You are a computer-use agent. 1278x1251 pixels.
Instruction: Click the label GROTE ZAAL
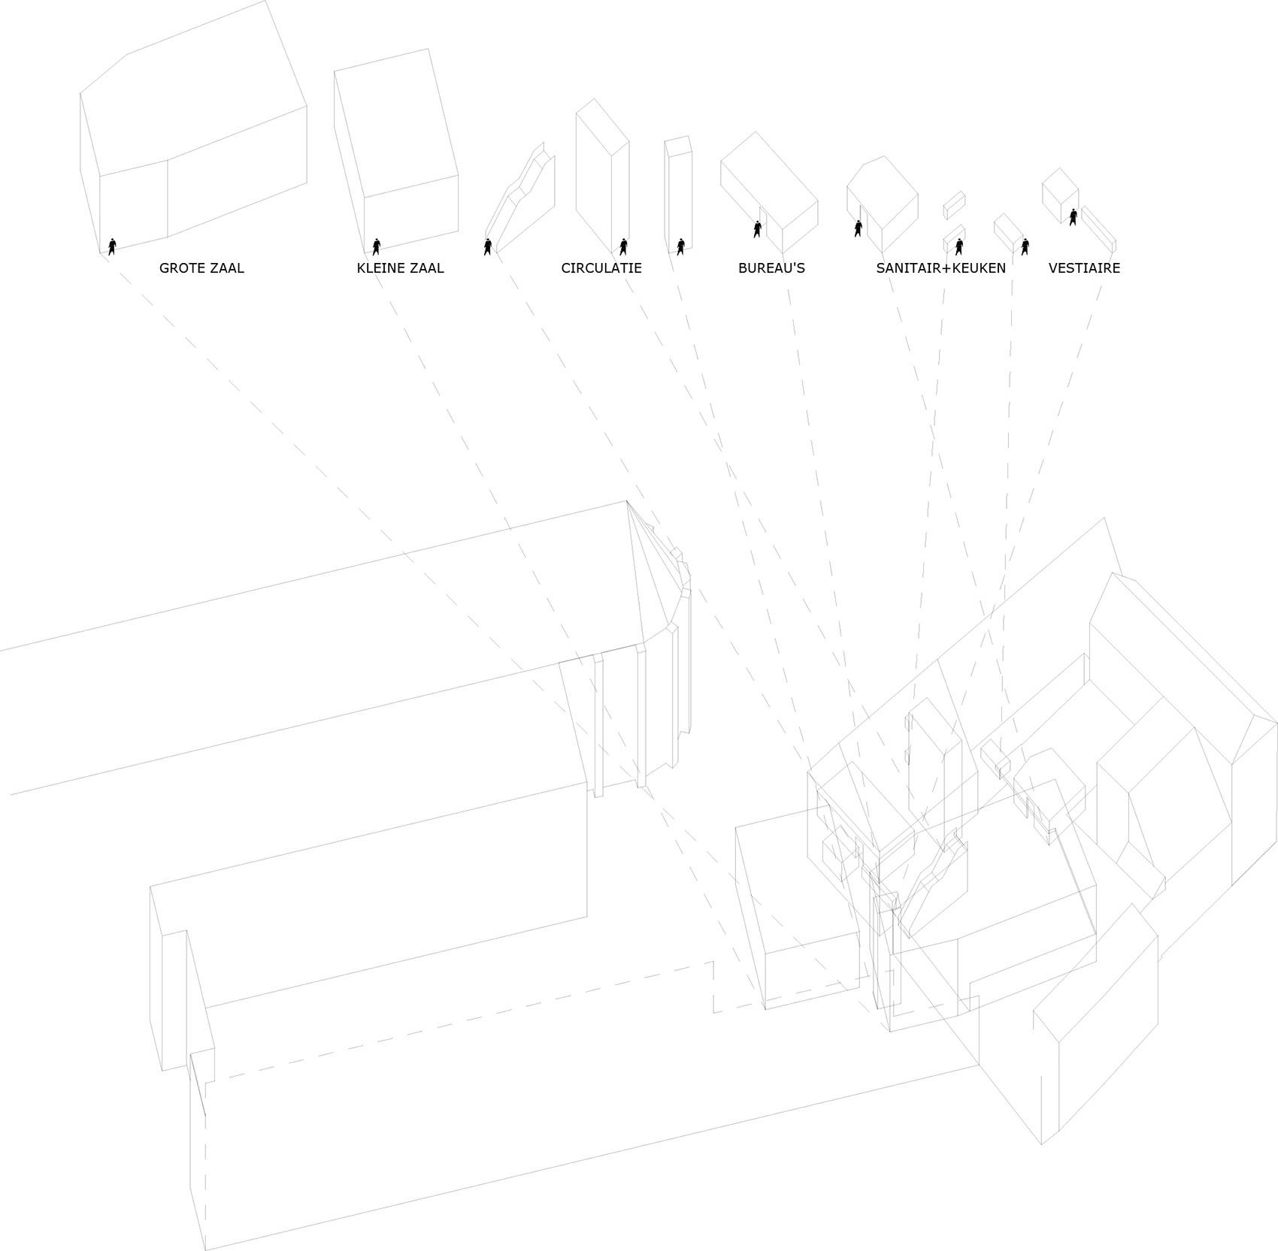point(201,268)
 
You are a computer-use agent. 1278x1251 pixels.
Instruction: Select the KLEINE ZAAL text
point(400,268)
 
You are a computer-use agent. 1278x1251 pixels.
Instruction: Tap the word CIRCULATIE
point(601,268)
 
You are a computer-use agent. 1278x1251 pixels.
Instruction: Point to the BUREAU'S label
point(771,268)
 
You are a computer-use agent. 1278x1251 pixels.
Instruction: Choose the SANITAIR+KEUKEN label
point(940,268)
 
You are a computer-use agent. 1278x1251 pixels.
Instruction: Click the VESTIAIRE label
point(1084,268)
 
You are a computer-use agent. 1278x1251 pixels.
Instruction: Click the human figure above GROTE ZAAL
point(112,246)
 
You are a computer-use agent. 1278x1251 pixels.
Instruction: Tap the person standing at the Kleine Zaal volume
point(377,246)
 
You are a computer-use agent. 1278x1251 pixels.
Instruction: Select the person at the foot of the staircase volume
point(488,246)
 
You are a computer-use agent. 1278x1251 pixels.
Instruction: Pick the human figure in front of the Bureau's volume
point(757,229)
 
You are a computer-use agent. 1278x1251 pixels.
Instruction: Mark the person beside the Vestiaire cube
point(1074,217)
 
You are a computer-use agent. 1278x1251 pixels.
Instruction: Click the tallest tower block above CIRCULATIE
point(601,177)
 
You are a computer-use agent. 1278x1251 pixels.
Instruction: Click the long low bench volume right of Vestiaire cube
point(1098,228)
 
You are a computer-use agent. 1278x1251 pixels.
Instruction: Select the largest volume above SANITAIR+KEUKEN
point(883,199)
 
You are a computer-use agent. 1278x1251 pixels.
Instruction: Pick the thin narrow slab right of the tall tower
point(677,194)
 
